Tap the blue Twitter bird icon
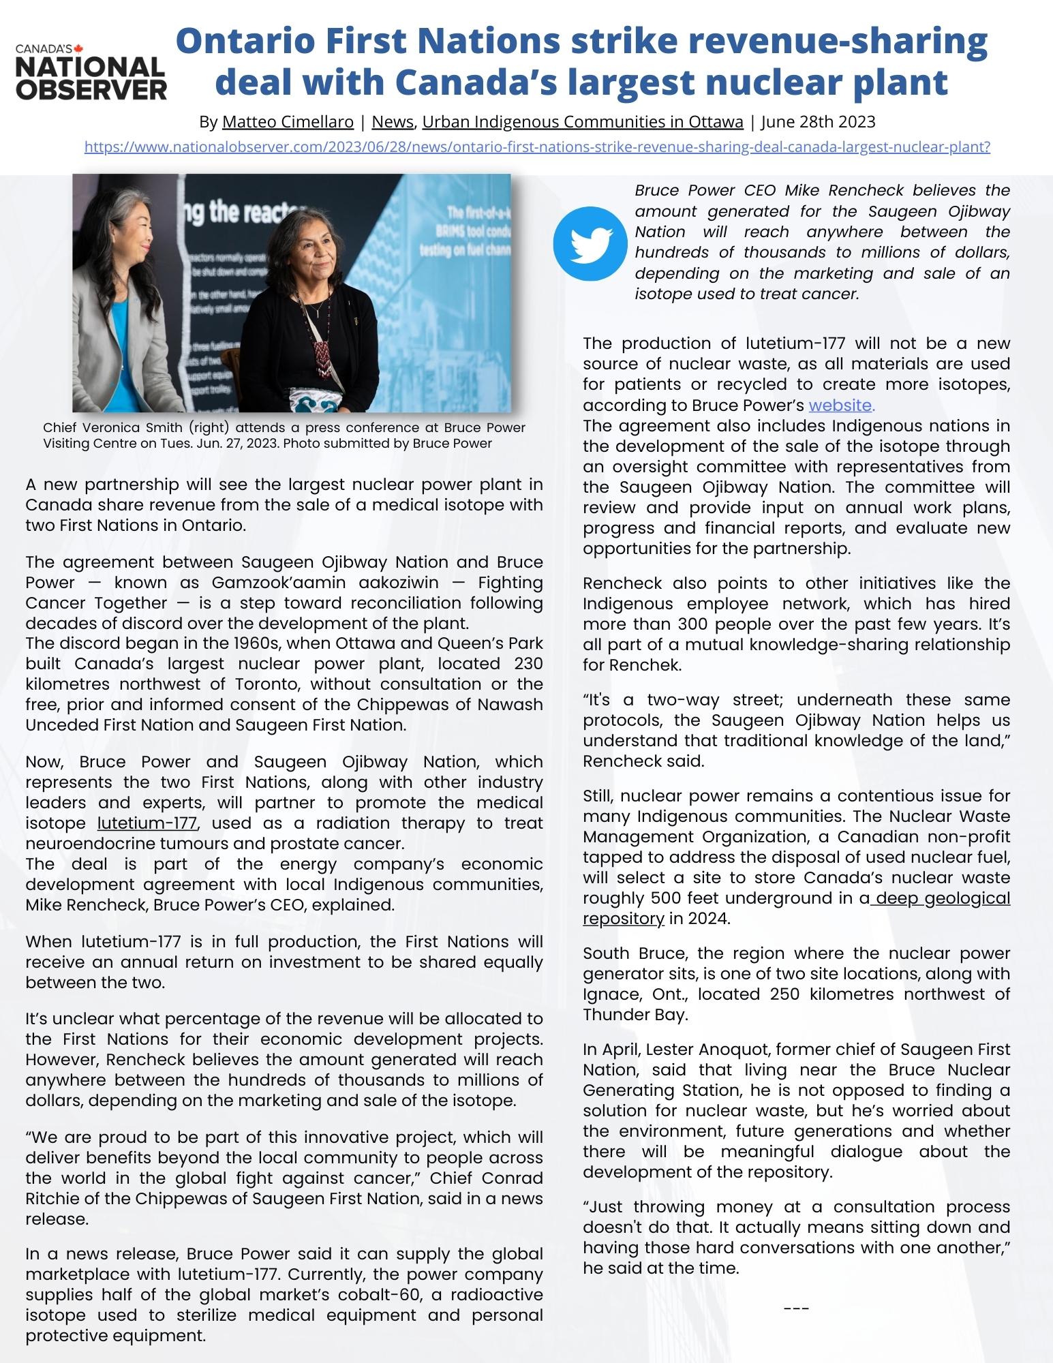[x=590, y=243]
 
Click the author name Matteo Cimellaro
[x=288, y=122]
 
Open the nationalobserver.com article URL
[x=536, y=147]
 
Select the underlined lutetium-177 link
[x=147, y=823]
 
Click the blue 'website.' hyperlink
[x=841, y=405]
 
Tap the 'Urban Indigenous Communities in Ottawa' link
[x=582, y=122]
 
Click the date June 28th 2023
[x=818, y=122]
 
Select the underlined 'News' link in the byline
[x=393, y=122]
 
